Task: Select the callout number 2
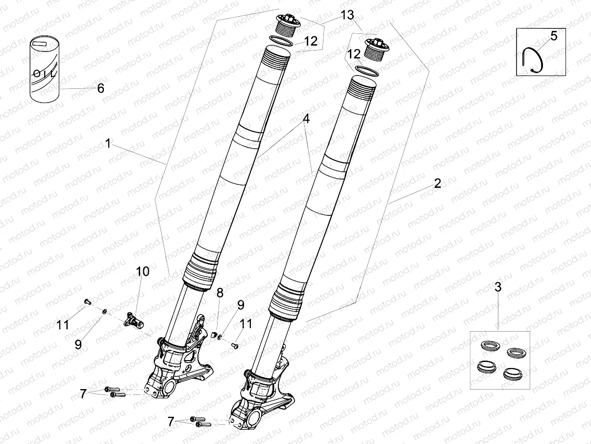(437, 183)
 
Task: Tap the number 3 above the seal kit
(498, 287)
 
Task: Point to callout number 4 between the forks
(306, 119)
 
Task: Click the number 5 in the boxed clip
(554, 36)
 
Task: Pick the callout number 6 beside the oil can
(100, 88)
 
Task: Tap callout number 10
(143, 271)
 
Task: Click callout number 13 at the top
(347, 15)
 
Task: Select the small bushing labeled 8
(213, 335)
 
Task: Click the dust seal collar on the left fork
(200, 271)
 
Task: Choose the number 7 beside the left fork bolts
(83, 392)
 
